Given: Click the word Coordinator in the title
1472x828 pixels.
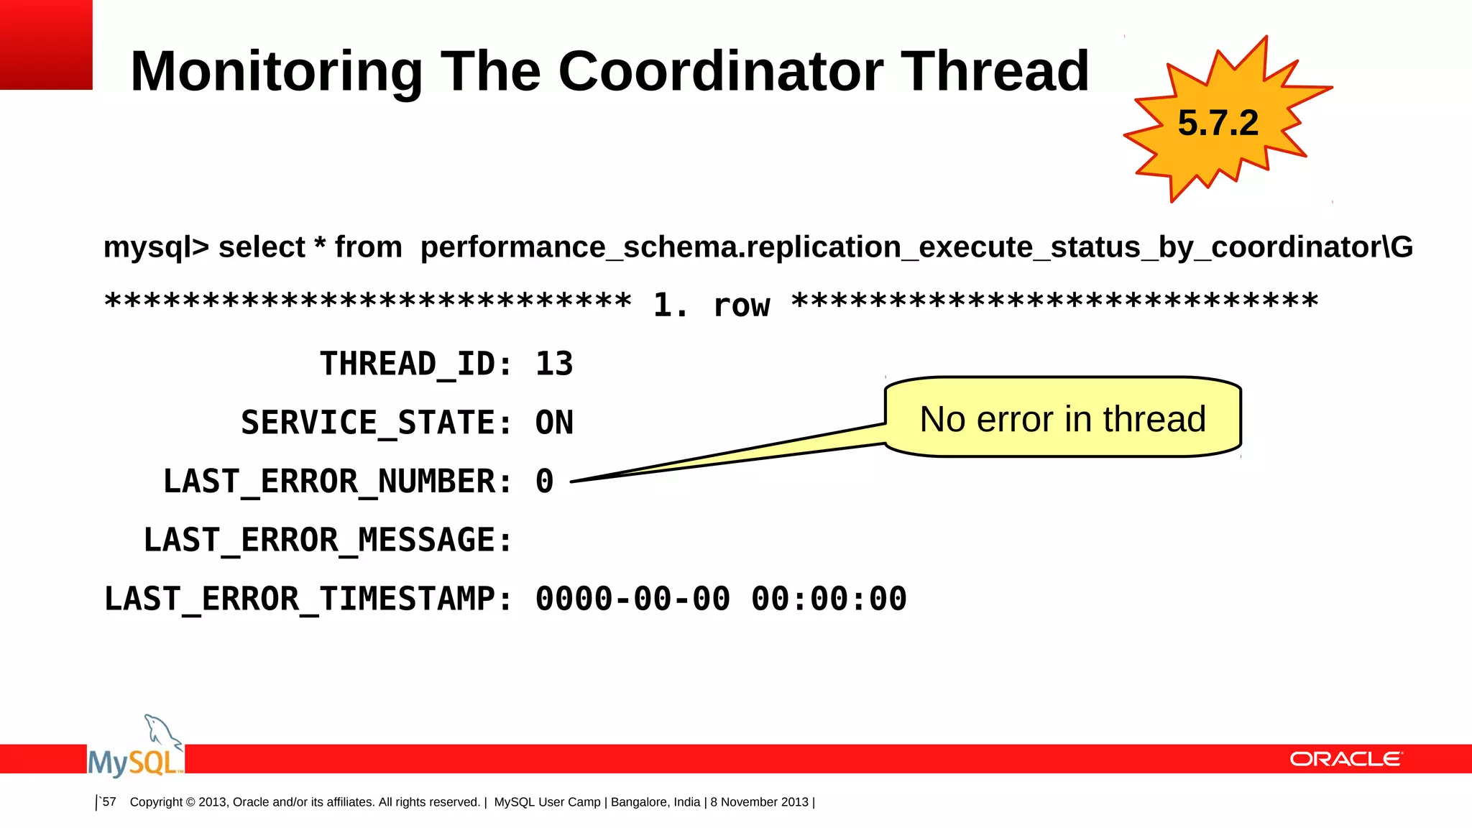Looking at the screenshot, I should tap(721, 71).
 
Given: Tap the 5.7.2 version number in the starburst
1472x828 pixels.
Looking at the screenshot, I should tap(1218, 123).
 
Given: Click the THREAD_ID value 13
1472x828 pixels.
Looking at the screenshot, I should tap(554, 364).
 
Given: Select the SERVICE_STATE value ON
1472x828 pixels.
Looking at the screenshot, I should tap(554, 423).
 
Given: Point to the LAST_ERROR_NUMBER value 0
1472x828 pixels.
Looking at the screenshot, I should tap(545, 482).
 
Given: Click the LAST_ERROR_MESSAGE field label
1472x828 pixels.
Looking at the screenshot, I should tap(328, 540).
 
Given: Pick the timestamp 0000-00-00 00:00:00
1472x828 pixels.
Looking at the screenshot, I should tap(721, 599).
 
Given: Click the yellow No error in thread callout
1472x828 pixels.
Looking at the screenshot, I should tap(1062, 418).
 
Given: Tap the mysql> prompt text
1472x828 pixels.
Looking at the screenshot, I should tap(156, 248).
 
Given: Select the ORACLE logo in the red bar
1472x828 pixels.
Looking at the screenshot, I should tap(1345, 759).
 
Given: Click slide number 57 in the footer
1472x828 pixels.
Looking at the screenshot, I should tap(109, 802).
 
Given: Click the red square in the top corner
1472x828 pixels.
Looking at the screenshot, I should tap(46, 45).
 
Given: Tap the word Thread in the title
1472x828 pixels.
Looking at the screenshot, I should tap(995, 71).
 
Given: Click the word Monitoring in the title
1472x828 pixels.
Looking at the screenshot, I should tap(277, 71).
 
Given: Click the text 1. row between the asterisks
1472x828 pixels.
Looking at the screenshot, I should tap(711, 305).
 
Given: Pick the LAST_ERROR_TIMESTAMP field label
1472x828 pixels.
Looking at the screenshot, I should tap(308, 599).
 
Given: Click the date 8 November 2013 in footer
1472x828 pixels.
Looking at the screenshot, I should tap(760, 802).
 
